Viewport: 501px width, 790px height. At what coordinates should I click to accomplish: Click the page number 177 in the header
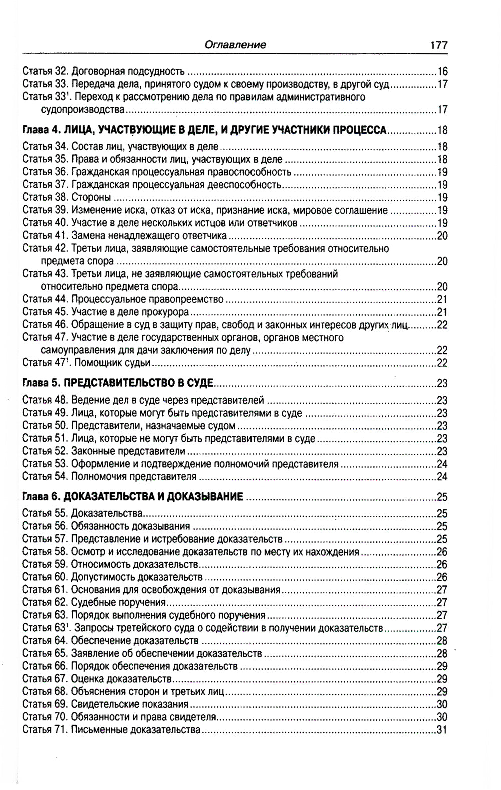[x=438, y=45]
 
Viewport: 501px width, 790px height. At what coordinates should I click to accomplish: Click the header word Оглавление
[x=235, y=45]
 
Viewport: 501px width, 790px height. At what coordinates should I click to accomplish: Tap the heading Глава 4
[x=41, y=131]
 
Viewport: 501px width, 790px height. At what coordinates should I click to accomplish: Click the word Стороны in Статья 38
[x=91, y=197]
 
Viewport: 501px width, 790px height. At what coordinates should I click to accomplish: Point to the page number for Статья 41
[x=442, y=236]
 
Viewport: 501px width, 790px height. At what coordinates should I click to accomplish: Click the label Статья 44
[x=45, y=299]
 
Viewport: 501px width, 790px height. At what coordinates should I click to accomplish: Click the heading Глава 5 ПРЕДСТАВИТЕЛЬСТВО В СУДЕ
[x=118, y=384]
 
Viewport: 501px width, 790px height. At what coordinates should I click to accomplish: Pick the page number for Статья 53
[x=442, y=464]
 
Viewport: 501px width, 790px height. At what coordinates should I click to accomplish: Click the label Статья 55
[x=45, y=513]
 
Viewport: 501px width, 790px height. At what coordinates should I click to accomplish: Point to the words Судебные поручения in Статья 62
[x=118, y=602]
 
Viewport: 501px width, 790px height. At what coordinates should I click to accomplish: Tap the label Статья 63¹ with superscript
[x=45, y=628]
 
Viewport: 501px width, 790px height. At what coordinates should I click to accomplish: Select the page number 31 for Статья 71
[x=442, y=730]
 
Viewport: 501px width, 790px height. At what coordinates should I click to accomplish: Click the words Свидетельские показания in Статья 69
[x=130, y=704]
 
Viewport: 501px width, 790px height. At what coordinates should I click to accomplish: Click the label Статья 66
[x=45, y=666]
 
